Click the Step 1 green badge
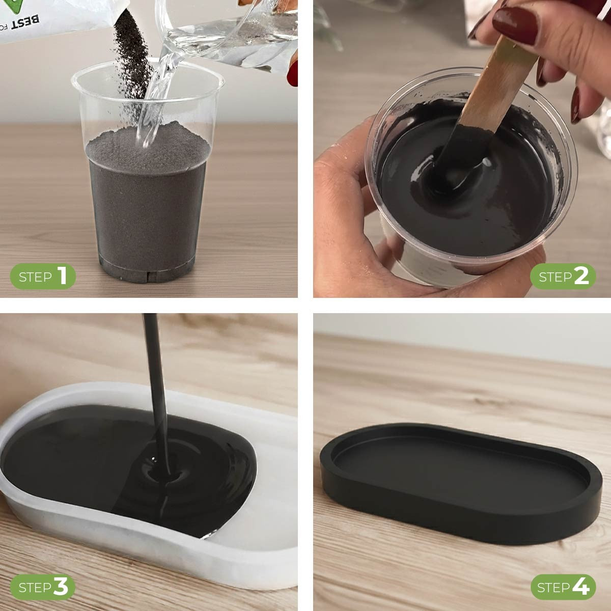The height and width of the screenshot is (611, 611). pos(43,276)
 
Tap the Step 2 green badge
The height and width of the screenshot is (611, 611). pos(563,276)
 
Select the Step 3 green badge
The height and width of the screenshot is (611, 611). pos(43,587)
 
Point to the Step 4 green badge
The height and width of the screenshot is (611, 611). pos(563,587)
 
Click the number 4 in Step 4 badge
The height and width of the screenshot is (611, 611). pos(580,587)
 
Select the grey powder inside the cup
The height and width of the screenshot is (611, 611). pos(148,204)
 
